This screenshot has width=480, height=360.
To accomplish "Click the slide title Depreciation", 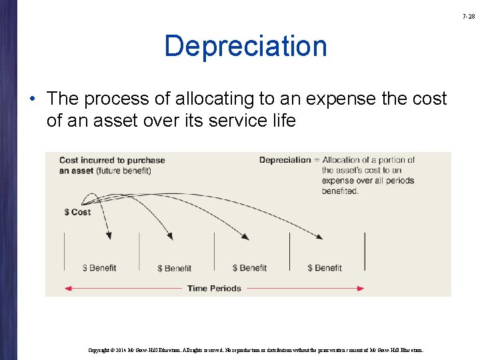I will click(245, 47).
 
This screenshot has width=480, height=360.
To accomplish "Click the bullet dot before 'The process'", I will click(33, 99).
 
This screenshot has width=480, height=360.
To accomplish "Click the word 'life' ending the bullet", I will click(282, 121).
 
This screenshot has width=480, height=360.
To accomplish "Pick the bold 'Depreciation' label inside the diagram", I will click(285, 160).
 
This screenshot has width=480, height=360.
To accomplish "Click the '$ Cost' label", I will click(77, 212).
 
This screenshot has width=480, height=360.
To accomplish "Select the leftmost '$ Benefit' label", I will click(99, 268).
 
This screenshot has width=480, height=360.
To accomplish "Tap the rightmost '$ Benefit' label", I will click(325, 268).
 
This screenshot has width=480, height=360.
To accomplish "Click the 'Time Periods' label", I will click(214, 289).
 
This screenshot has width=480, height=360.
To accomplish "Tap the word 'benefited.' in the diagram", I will click(340, 191).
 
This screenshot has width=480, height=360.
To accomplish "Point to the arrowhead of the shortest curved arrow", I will click(109, 235).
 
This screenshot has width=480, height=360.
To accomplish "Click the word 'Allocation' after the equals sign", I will click(345, 160).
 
